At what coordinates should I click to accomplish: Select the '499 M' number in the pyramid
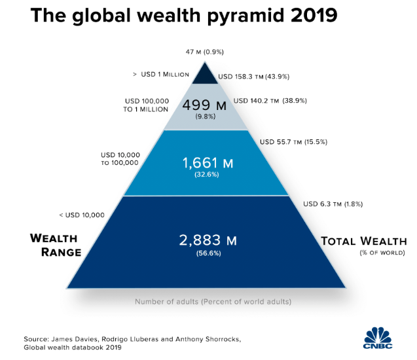206,105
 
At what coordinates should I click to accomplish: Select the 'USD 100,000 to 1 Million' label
147,105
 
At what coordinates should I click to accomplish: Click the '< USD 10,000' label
82,214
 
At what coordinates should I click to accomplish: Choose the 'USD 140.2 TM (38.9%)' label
270,101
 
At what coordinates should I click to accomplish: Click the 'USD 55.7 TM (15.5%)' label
293,141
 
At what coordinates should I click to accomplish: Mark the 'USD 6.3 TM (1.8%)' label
332,204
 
